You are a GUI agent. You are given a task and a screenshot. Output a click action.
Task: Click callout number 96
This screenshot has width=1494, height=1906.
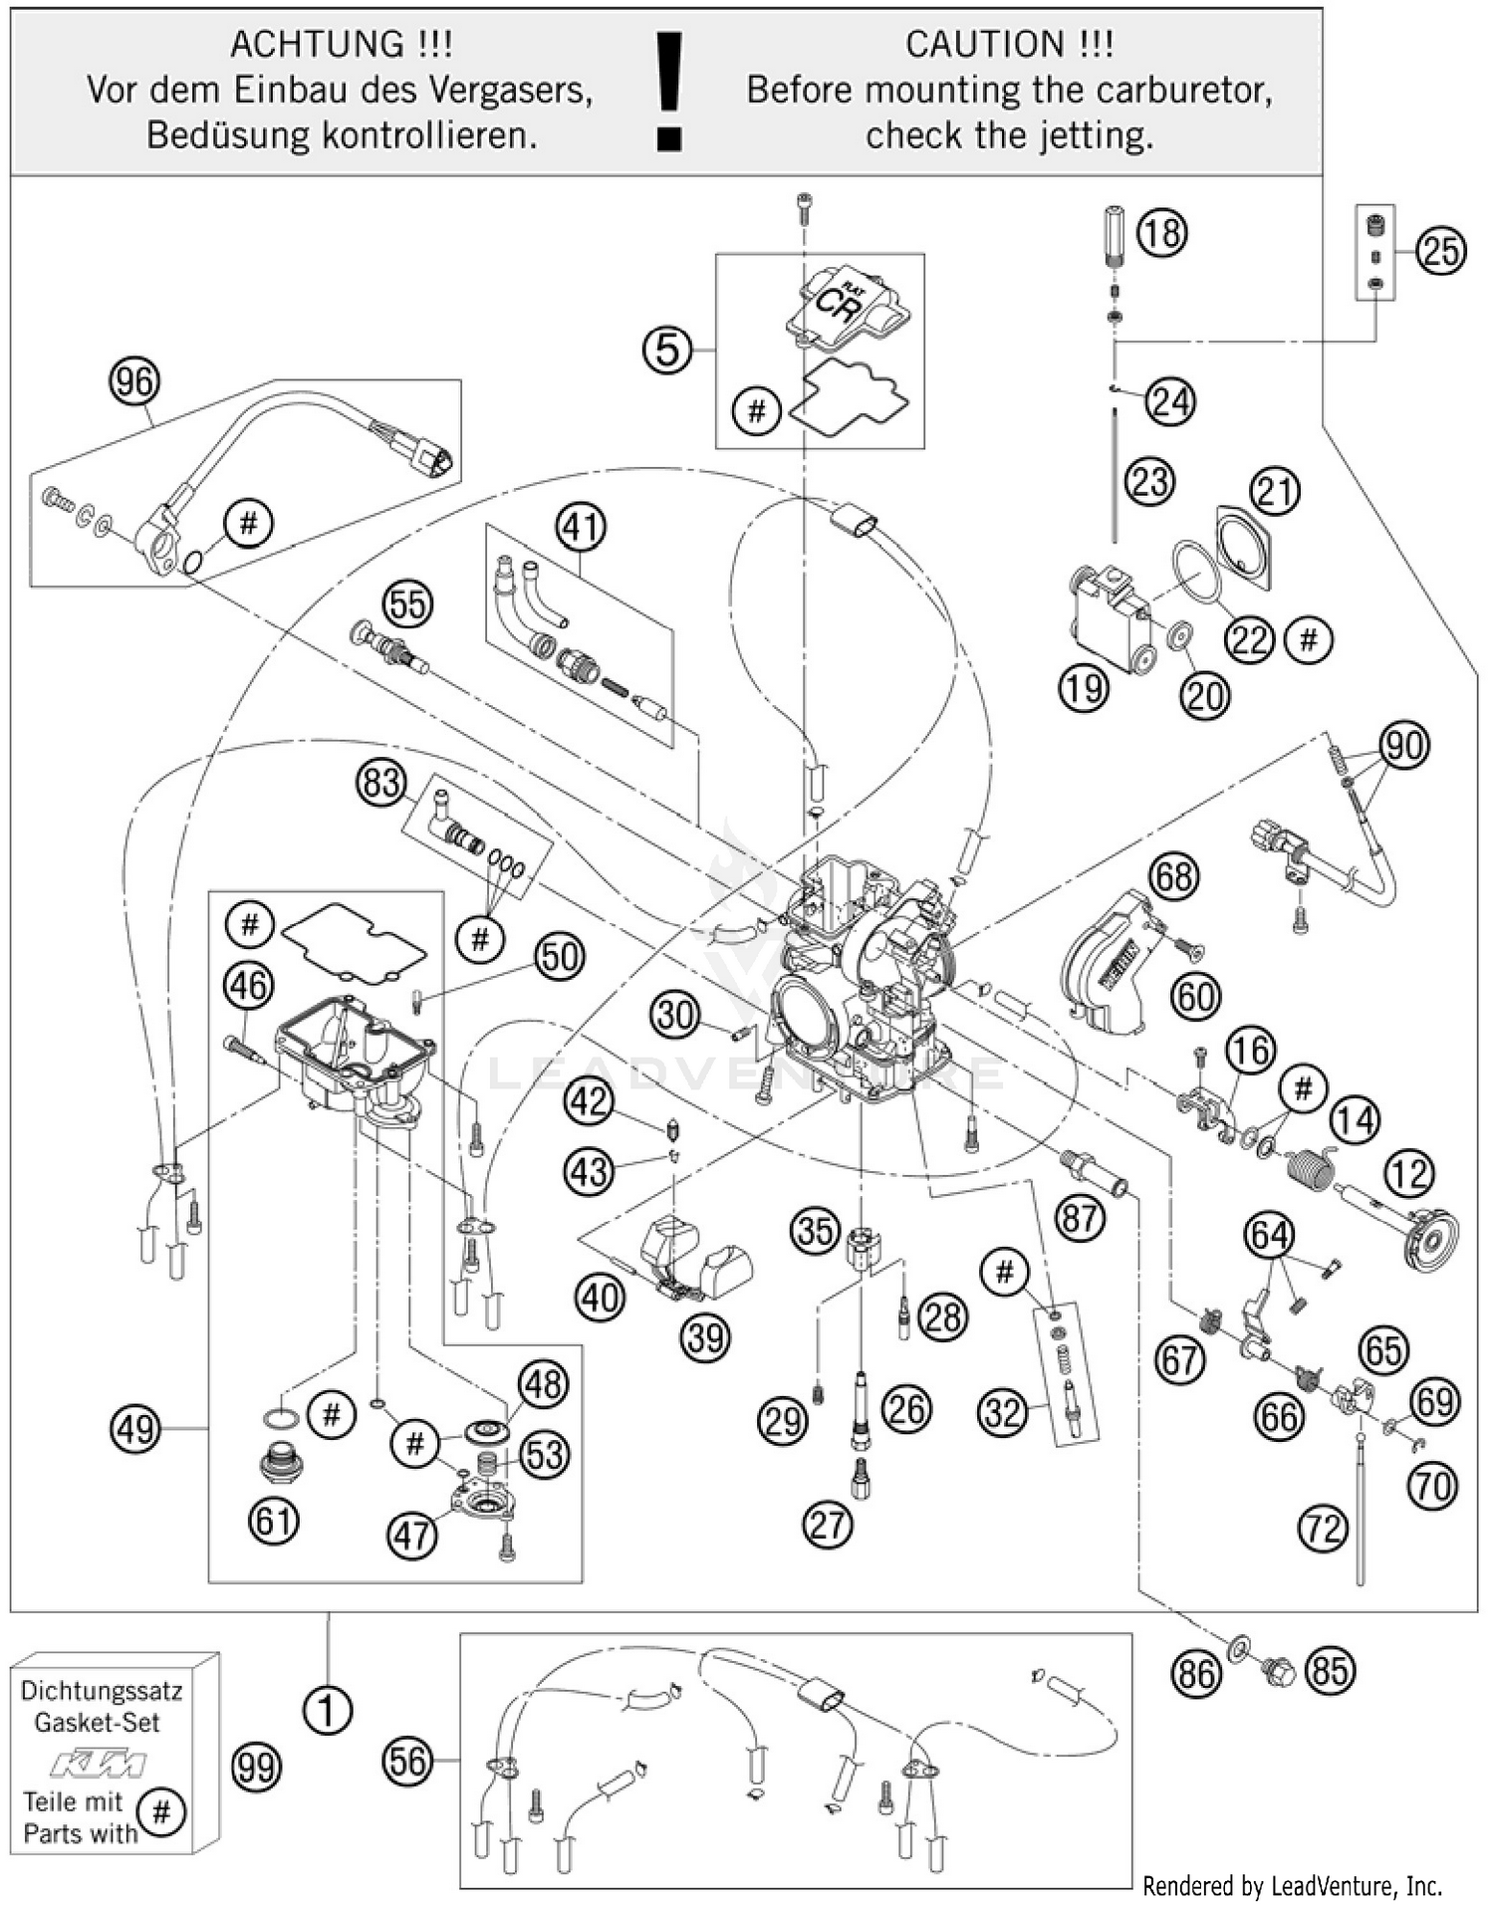pyautogui.click(x=134, y=382)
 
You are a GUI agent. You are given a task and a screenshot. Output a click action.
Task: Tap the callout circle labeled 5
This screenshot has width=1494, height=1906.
pyautogui.click(x=667, y=351)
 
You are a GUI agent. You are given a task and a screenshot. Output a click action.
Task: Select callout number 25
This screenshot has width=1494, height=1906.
pyautogui.click(x=1441, y=251)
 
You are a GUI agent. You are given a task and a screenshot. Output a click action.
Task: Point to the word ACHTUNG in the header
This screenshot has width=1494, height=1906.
pyautogui.click(x=316, y=45)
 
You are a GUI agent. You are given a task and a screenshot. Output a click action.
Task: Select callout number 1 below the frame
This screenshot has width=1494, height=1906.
pyautogui.click(x=327, y=1711)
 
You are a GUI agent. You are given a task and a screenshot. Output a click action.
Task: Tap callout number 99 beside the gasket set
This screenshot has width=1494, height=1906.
pyautogui.click(x=256, y=1768)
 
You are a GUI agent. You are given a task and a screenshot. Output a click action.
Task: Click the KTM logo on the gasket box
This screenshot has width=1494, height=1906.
pyautogui.click(x=99, y=1765)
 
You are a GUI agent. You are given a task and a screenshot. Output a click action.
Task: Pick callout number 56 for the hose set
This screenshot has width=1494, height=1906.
pyautogui.click(x=407, y=1762)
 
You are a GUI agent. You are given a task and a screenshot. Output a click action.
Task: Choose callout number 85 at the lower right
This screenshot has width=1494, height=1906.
pyautogui.click(x=1331, y=1670)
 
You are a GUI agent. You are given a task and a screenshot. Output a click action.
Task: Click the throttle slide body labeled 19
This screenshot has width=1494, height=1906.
pyautogui.click(x=1109, y=617)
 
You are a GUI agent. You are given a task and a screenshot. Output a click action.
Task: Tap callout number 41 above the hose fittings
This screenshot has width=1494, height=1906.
pyautogui.click(x=581, y=526)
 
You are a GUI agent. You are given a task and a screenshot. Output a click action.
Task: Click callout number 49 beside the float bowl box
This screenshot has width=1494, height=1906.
pyautogui.click(x=135, y=1429)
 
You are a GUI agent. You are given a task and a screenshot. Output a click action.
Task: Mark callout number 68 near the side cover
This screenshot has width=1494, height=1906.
pyautogui.click(x=1173, y=876)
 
